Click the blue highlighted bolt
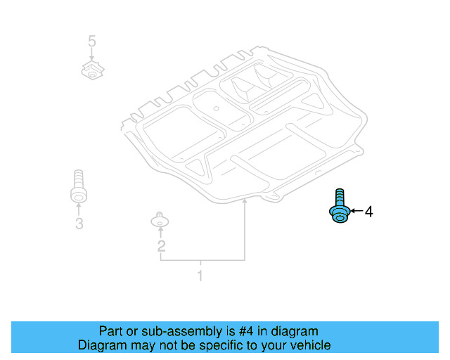pos(339,209)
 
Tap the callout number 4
pos(368,211)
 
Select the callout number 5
pos(91,41)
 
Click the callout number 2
pos(161,245)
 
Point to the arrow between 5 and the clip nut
pos(91,56)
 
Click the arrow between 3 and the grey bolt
pos(78,209)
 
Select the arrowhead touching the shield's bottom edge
pos(244,202)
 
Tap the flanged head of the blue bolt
pos(339,214)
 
